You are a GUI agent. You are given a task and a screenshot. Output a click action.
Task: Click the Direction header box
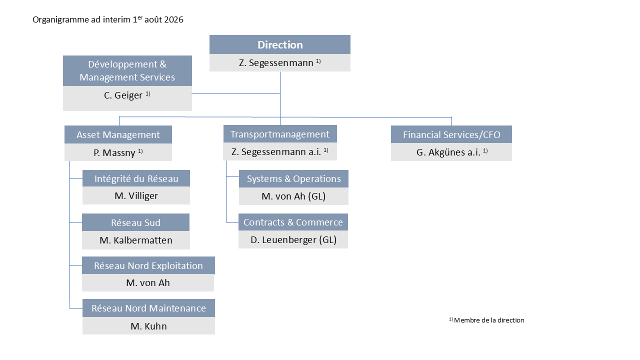[279, 44]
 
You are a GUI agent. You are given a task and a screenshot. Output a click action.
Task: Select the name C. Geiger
[123, 95]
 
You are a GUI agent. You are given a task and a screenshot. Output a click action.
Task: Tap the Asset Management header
[118, 134]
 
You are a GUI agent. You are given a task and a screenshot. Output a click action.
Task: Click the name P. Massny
[114, 152]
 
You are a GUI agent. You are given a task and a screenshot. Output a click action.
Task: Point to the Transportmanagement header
[280, 134]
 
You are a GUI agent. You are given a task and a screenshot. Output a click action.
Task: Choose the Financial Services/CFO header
[451, 134]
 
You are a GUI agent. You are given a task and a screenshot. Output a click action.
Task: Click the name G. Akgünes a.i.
[448, 152]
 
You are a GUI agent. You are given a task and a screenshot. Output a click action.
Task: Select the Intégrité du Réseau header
[136, 178]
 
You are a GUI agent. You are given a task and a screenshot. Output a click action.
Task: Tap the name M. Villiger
[136, 195]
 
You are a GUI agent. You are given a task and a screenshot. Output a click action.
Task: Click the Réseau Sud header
[135, 222]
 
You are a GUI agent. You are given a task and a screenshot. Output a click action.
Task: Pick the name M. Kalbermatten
[136, 240]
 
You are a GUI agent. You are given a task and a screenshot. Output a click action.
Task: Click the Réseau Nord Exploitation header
[148, 265]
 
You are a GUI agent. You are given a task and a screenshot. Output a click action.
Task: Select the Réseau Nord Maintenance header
[148, 308]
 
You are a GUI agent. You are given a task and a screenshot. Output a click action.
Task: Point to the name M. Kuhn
[148, 326]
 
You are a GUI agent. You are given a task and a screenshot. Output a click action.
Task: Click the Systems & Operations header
[293, 179]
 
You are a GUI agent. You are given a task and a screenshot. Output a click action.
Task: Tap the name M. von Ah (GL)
[293, 196]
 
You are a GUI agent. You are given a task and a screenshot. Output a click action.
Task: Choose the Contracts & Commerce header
[293, 222]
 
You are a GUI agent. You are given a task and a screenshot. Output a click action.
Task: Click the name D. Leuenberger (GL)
[293, 239]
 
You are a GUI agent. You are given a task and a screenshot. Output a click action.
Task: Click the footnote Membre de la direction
[489, 320]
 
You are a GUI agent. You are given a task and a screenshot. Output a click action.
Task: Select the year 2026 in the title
[173, 19]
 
